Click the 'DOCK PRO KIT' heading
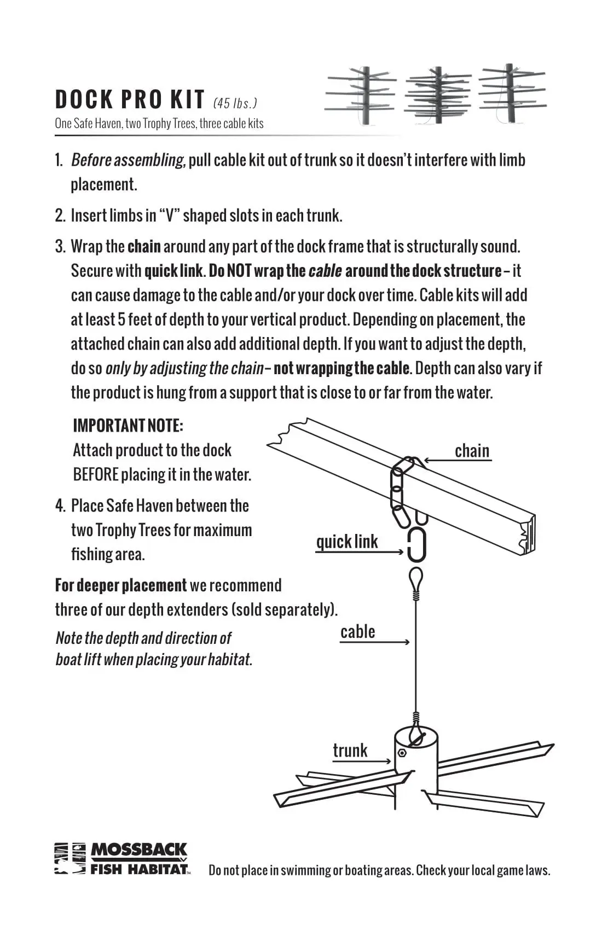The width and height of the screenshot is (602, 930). click(x=130, y=100)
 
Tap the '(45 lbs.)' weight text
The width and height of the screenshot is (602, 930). click(x=235, y=103)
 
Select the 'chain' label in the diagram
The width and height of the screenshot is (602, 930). click(x=472, y=451)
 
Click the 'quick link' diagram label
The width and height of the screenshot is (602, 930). click(x=347, y=542)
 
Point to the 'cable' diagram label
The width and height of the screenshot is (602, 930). click(x=358, y=632)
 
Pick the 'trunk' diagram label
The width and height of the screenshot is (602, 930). click(x=350, y=750)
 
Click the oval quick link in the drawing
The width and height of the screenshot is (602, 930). click(x=416, y=545)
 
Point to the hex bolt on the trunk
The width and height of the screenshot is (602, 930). click(x=402, y=753)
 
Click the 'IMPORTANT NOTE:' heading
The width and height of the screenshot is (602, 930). click(x=128, y=426)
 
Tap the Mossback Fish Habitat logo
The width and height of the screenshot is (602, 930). click(x=122, y=858)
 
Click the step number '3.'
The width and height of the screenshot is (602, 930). click(x=60, y=247)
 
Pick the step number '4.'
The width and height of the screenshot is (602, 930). click(x=60, y=505)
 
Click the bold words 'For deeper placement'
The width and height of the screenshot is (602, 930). click(x=120, y=585)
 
